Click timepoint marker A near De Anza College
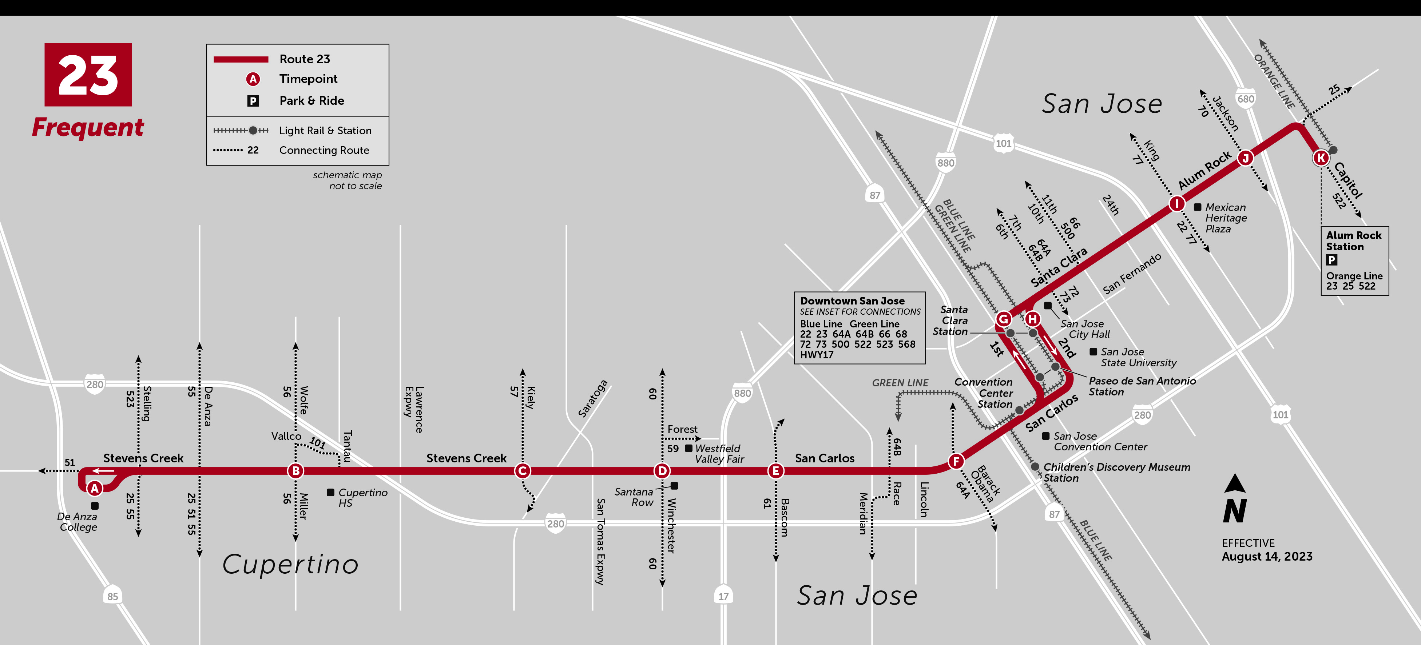pyautogui.click(x=95, y=488)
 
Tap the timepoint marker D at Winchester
pyautogui.click(x=662, y=470)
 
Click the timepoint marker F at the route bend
pyautogui.click(x=956, y=461)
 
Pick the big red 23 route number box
pyautogui.click(x=88, y=75)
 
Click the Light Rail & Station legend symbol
pyautogui.click(x=241, y=131)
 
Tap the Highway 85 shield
pyautogui.click(x=112, y=596)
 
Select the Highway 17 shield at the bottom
pyautogui.click(x=723, y=596)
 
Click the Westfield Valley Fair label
pyautogui.click(x=719, y=454)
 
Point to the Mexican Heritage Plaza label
pyautogui.click(x=1225, y=218)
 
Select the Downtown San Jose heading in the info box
pyautogui.click(x=852, y=301)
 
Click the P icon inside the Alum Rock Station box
pyautogui.click(x=1331, y=260)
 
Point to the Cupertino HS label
pyautogui.click(x=362, y=497)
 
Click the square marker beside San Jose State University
pyautogui.click(x=1093, y=352)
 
